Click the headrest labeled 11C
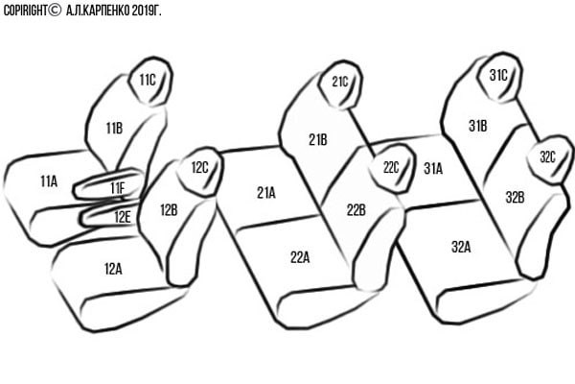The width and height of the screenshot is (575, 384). (x=150, y=82)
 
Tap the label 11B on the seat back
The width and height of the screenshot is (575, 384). (x=114, y=129)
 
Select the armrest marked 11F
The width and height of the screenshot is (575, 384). (x=109, y=185)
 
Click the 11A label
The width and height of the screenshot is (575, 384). (x=49, y=181)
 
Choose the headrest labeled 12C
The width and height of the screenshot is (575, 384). (x=200, y=172)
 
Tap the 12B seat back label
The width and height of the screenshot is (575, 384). (x=169, y=210)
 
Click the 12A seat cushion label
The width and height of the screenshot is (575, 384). (x=113, y=269)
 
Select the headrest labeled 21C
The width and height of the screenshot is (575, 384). (x=340, y=84)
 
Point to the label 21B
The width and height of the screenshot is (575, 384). (x=318, y=139)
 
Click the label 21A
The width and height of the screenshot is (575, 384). (x=266, y=193)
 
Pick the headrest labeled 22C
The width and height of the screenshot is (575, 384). (x=392, y=168)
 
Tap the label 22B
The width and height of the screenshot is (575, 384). (x=356, y=210)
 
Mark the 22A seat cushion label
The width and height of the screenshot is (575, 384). (x=300, y=257)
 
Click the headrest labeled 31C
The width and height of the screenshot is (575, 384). (x=499, y=77)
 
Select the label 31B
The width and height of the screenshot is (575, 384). (x=478, y=126)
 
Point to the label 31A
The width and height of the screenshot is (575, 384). (x=433, y=169)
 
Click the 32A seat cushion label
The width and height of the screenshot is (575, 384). (x=461, y=247)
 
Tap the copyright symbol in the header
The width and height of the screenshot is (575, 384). (x=55, y=10)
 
